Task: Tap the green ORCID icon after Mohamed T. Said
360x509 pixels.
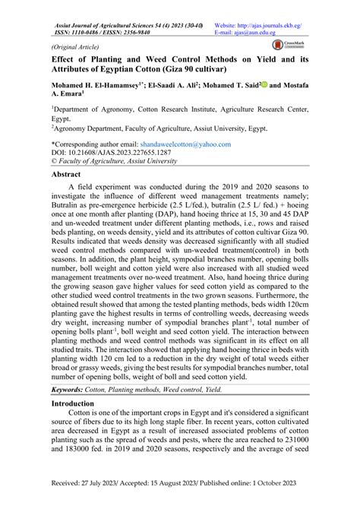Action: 265,86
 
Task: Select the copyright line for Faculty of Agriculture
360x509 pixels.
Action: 115,161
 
